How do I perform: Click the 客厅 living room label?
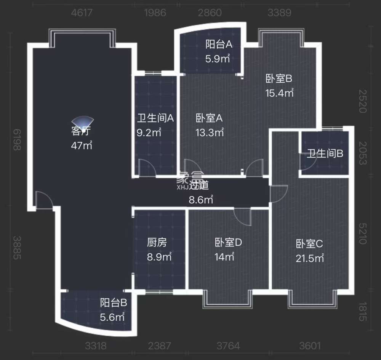(x=81, y=131)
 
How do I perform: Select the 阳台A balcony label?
(x=219, y=45)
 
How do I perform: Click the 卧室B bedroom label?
(x=279, y=79)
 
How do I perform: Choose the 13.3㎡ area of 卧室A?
(x=210, y=133)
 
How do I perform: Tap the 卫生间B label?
(x=325, y=154)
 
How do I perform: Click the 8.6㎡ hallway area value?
(x=201, y=199)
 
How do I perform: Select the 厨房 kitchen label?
(x=157, y=242)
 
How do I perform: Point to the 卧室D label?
(x=229, y=242)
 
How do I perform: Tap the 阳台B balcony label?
(x=114, y=303)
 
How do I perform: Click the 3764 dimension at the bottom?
(x=228, y=346)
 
